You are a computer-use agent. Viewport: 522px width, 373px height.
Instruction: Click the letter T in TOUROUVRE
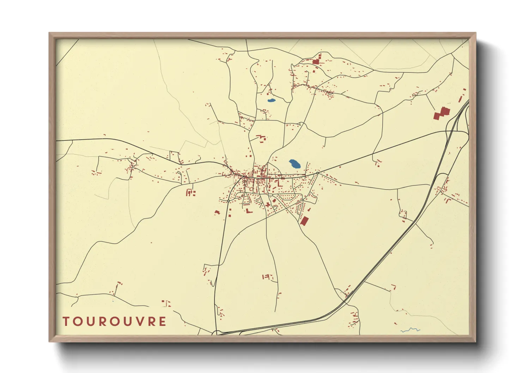tap(66, 322)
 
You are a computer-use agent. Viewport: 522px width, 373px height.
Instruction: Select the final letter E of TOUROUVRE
tap(162, 322)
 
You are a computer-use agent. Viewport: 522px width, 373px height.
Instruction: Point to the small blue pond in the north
tap(271, 100)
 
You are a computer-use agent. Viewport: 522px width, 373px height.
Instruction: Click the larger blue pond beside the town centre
tap(295, 164)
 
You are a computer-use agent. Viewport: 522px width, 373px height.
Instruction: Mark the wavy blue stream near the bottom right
tap(411, 330)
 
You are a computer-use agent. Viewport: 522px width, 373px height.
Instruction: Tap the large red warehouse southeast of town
tap(304, 221)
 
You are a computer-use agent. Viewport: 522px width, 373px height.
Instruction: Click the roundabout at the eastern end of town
tap(317, 173)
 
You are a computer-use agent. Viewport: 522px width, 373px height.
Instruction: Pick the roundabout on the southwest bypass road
tap(229, 201)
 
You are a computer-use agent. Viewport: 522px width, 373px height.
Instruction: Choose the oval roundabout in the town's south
tap(270, 195)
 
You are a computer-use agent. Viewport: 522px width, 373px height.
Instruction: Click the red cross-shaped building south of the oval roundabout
tap(268, 204)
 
